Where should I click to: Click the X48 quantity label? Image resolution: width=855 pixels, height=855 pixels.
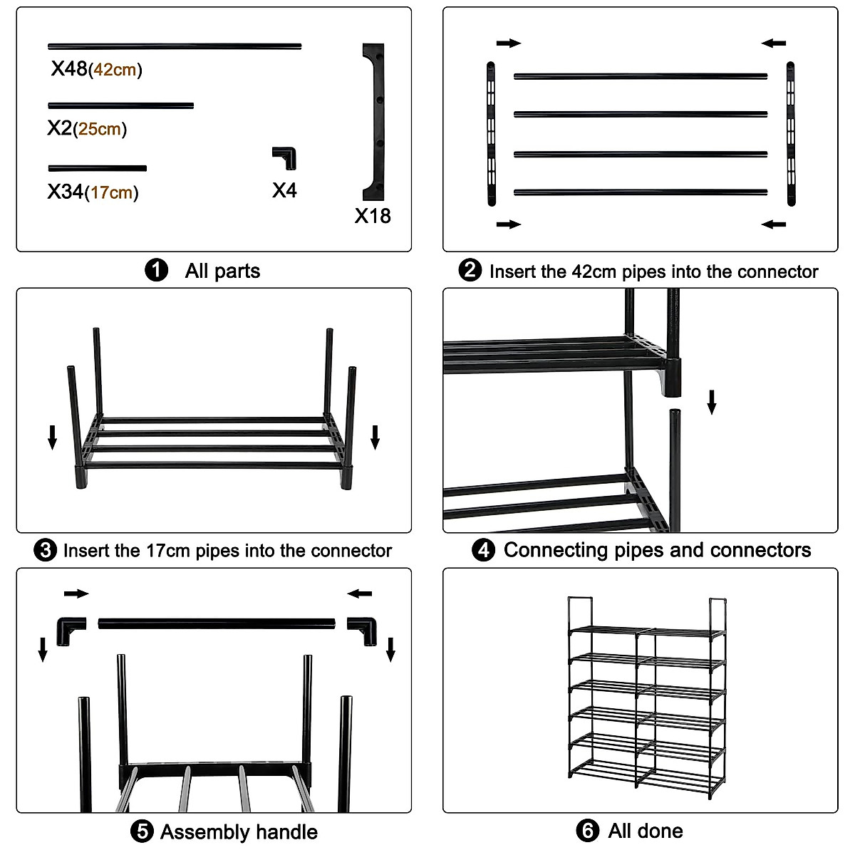(69, 68)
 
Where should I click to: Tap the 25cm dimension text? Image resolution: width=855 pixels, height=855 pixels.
(100, 130)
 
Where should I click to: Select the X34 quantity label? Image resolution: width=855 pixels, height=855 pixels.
(66, 192)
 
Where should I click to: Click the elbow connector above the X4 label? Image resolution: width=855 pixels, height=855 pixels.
(285, 157)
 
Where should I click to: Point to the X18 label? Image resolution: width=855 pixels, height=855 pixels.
(373, 216)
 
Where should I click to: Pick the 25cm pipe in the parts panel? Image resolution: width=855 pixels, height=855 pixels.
(121, 106)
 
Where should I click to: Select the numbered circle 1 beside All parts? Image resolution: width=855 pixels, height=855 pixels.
(156, 271)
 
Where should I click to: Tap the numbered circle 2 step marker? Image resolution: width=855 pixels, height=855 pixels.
(470, 271)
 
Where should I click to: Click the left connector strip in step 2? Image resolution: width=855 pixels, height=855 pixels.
(491, 134)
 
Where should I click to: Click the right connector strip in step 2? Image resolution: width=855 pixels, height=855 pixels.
(790, 134)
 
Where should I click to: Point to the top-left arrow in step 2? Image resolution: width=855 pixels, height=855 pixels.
(509, 43)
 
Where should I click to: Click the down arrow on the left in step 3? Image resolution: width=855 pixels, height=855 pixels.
(52, 437)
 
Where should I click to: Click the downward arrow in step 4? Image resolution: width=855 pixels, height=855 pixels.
(711, 402)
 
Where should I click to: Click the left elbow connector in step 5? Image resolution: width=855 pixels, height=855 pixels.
(71, 629)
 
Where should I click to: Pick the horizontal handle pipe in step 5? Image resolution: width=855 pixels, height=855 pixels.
(217, 624)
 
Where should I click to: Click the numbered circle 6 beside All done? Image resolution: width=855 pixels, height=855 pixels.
(587, 831)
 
